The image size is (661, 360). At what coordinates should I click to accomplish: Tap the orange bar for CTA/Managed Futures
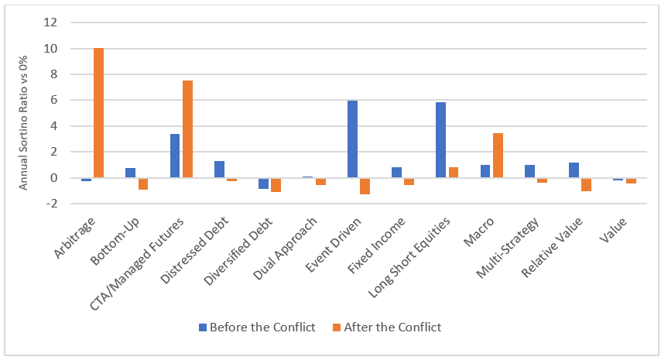click(187, 129)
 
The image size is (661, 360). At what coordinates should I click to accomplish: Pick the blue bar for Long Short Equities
click(440, 140)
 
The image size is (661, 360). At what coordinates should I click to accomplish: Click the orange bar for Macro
click(498, 156)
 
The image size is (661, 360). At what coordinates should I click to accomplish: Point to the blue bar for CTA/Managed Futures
click(175, 156)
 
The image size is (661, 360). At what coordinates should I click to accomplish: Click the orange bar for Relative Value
click(586, 184)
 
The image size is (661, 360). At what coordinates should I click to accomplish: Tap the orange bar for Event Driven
click(365, 186)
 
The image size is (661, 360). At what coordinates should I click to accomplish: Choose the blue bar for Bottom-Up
click(130, 173)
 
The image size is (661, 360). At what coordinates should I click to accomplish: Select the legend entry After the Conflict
click(396, 327)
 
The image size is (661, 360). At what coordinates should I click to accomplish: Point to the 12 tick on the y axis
click(51, 22)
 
